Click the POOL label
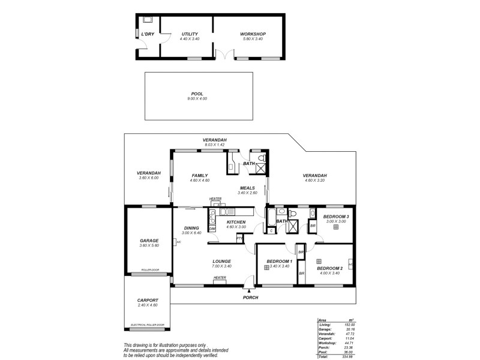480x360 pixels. coord(197,94)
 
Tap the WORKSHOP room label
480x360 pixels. coord(253,34)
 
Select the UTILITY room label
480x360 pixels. coord(190,34)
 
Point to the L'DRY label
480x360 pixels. coord(148,34)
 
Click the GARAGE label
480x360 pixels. coord(149,241)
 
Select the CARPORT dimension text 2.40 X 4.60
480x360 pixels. coord(148,305)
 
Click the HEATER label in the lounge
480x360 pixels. coord(220,277)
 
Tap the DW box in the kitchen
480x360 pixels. coord(212,229)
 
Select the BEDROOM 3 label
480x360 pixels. coord(336,216)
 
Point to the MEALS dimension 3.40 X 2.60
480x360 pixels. coord(247,193)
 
